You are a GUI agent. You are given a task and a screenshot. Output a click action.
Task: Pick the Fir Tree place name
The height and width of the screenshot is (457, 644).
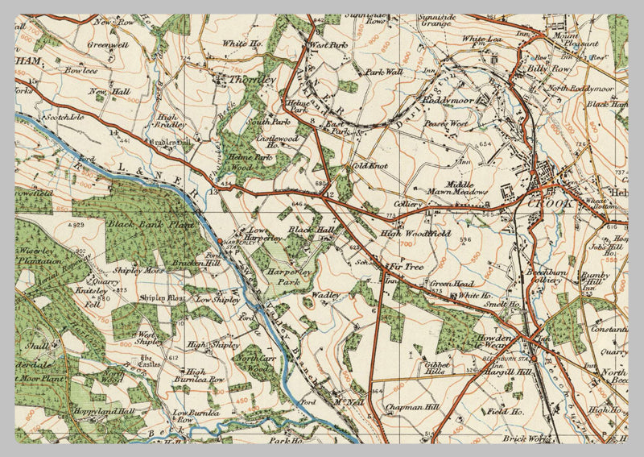point(407,265)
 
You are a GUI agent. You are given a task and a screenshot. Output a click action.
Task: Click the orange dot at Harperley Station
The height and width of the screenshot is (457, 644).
point(220,240)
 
